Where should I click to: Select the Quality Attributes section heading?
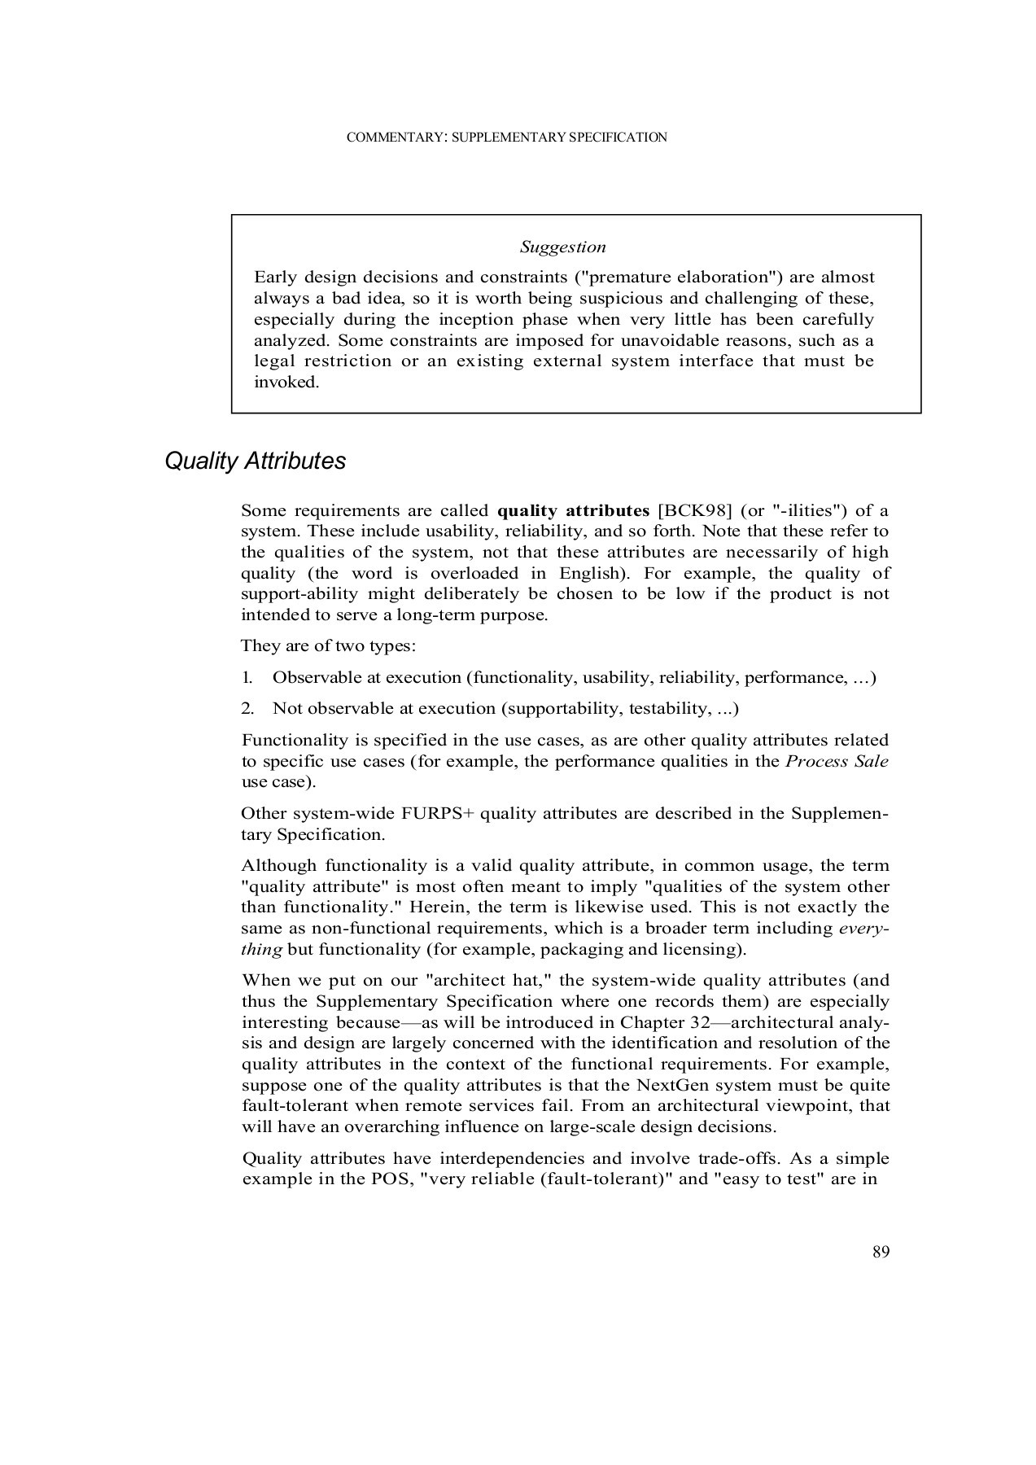point(255,461)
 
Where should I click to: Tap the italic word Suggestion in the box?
point(563,247)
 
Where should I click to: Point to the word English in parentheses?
point(588,574)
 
